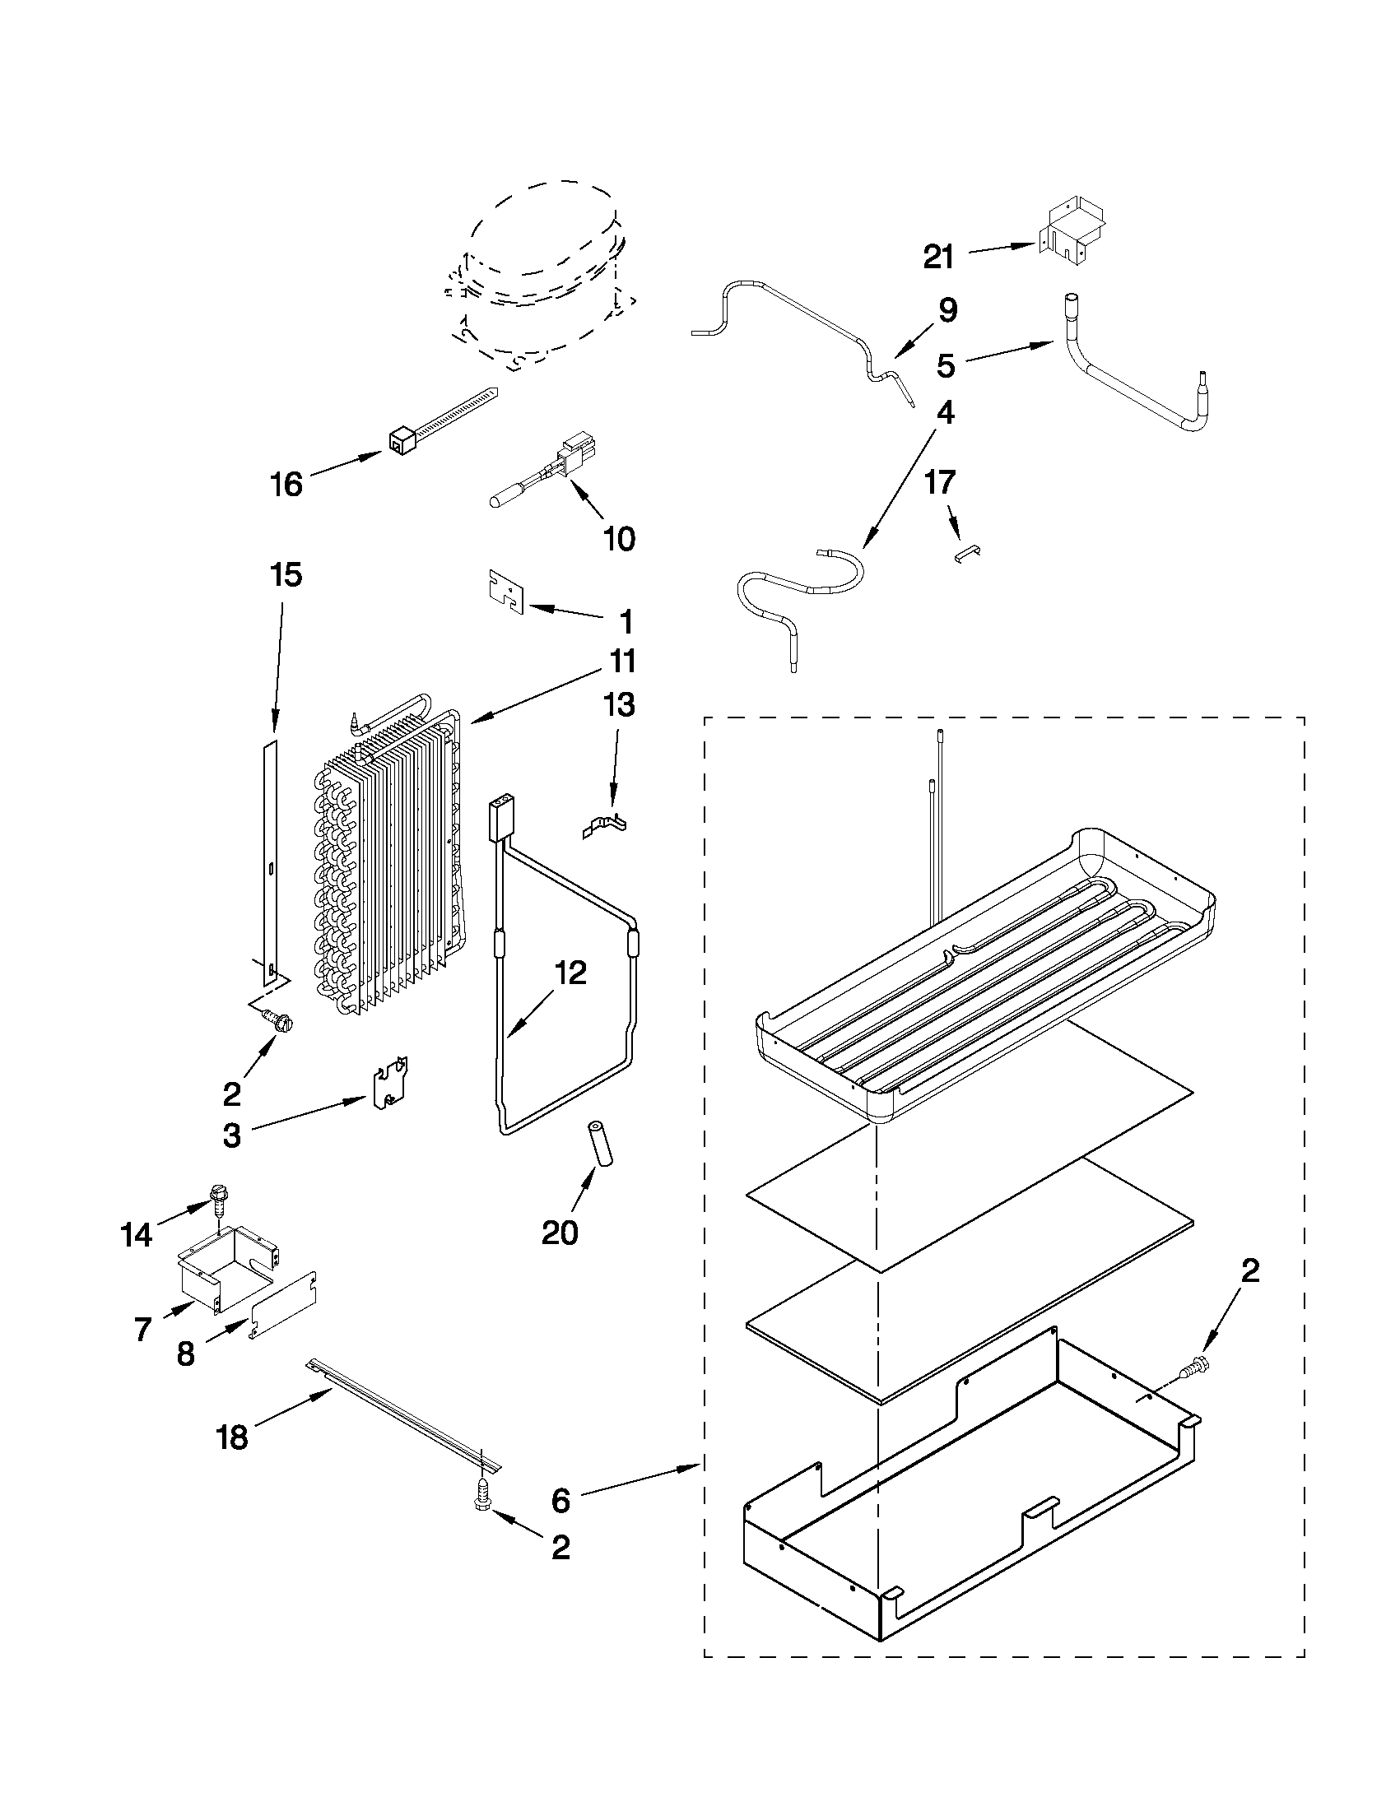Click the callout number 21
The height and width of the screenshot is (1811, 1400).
point(939,257)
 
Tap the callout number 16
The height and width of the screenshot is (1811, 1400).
point(286,484)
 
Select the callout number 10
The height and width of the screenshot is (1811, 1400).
point(619,538)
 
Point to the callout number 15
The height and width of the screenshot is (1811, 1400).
point(286,574)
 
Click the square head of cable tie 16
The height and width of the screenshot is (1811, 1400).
point(401,443)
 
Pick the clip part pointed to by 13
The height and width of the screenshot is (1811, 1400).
point(606,827)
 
